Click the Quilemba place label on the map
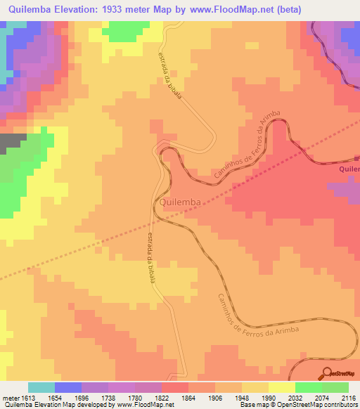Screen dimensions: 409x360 [x=181, y=202]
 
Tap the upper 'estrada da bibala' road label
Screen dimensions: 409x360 [x=170, y=74]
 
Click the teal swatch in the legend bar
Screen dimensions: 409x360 [x=41, y=387]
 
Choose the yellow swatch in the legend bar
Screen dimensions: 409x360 [x=282, y=387]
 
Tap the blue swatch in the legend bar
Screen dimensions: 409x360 [x=68, y=387]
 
